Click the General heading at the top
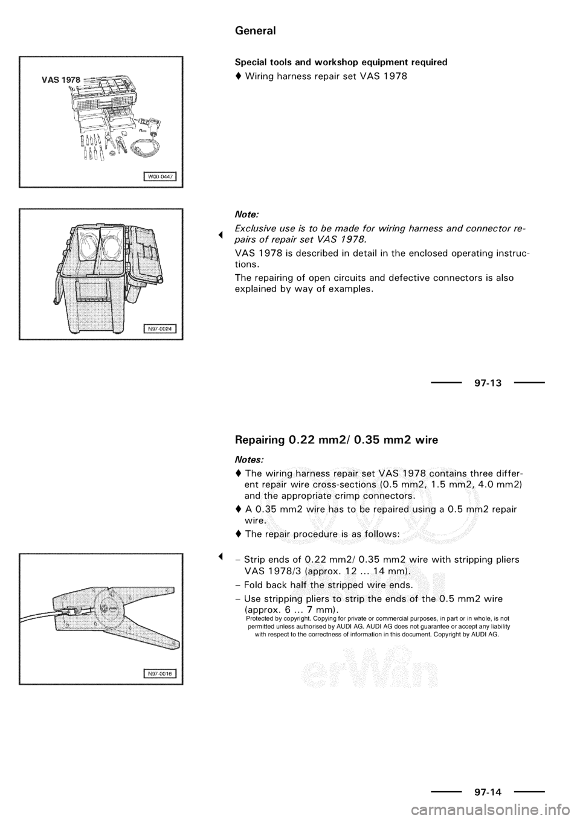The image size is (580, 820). (x=255, y=31)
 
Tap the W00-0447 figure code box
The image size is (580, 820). (x=163, y=176)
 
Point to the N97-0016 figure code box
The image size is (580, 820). (x=163, y=673)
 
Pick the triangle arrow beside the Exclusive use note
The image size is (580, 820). (x=221, y=234)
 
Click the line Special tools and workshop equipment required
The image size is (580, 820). (x=341, y=62)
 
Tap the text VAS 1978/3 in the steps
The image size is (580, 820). (x=269, y=571)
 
